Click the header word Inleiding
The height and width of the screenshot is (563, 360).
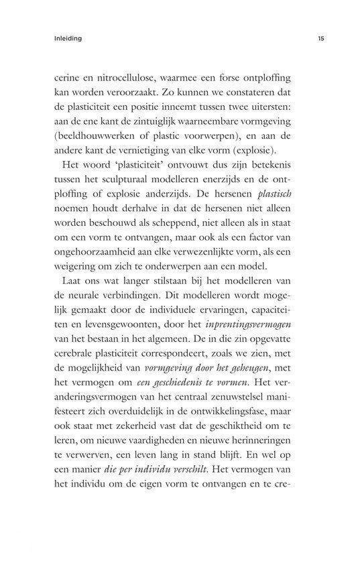(x=68, y=39)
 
